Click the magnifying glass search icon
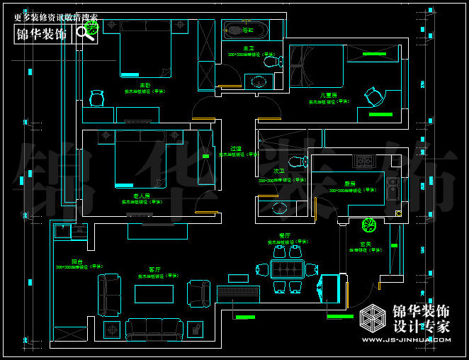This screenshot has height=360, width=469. tap(86, 33)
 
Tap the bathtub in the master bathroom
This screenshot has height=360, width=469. tap(245, 30)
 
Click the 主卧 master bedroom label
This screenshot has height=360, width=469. tap(145, 85)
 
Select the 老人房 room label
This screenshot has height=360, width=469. tap(141, 196)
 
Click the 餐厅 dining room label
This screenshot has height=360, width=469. tap(285, 235)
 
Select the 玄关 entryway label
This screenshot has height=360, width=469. tap(366, 244)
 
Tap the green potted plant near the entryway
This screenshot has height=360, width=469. tap(368, 225)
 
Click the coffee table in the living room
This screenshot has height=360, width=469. tap(154, 293)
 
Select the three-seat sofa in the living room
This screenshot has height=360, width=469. tap(154, 329)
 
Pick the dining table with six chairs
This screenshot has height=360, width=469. tap(286, 270)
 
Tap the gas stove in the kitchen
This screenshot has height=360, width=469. tap(364, 162)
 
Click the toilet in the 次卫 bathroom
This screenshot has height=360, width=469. tap(280, 208)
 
